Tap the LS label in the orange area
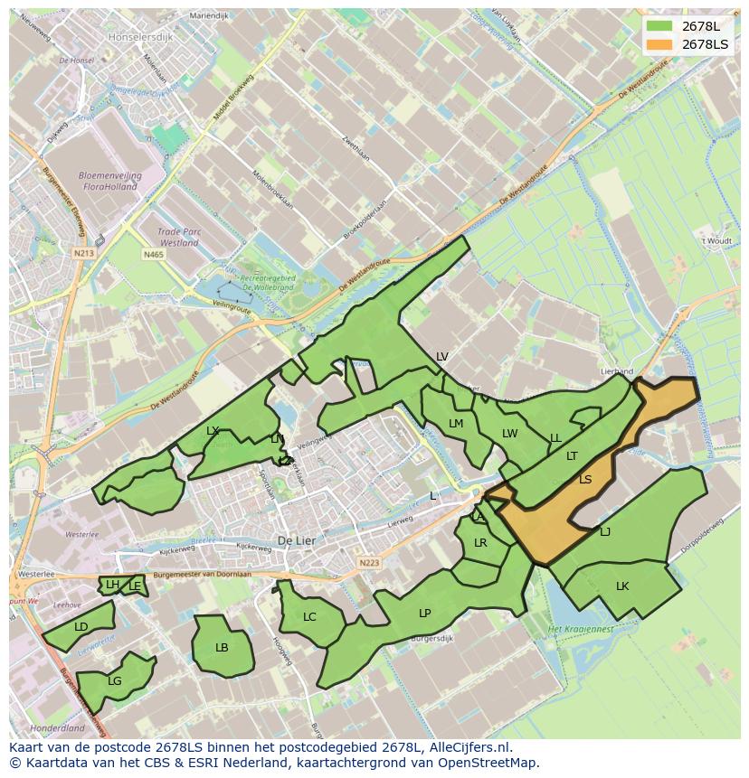585,480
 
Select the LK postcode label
622,586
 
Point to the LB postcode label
222,648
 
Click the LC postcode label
309,617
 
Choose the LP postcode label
425,614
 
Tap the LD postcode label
81,627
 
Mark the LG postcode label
115,681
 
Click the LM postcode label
456,424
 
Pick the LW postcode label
510,434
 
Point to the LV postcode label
442,357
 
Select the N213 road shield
84,254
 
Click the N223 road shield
368,563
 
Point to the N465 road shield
153,255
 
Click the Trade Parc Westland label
179,238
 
